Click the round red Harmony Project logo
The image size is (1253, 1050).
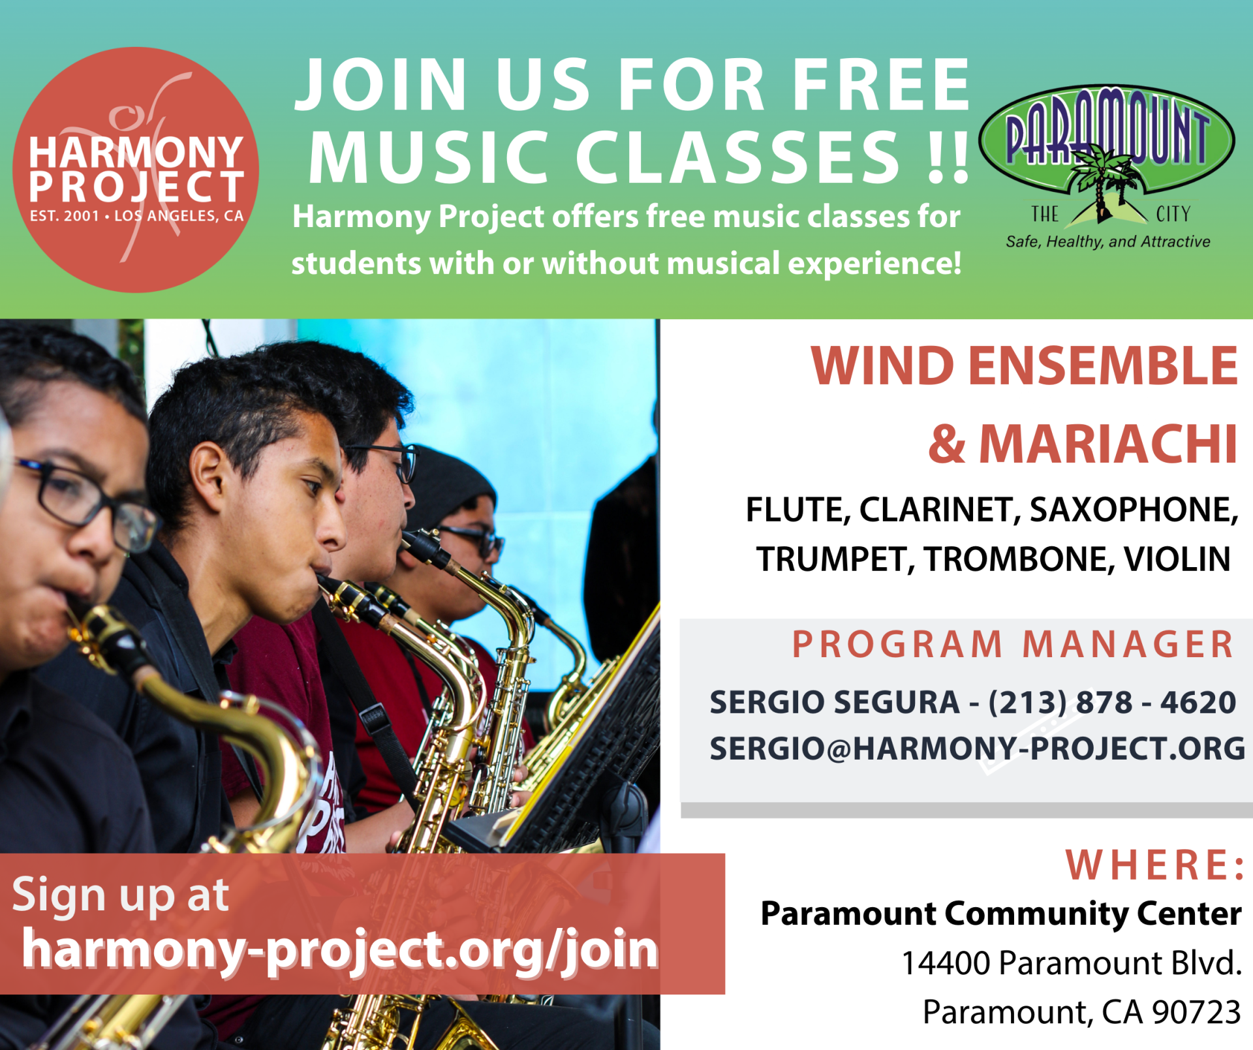point(136,170)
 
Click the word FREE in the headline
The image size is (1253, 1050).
point(882,84)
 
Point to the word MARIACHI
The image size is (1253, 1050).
point(1108,444)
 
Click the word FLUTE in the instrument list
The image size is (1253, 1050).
point(798,510)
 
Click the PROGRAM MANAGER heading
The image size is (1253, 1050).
point(1013,645)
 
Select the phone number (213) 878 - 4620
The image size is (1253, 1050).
point(1112,703)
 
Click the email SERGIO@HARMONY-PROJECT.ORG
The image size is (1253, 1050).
point(978,749)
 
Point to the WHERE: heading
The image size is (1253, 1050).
point(1155,865)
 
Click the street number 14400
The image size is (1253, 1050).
point(946,963)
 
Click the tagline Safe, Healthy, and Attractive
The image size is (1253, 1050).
point(1108,242)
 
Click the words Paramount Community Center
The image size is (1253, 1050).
point(1001,914)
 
